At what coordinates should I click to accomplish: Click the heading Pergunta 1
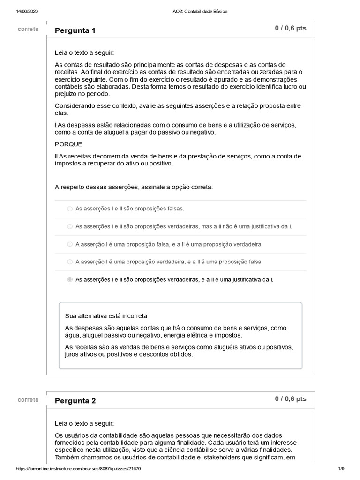75,31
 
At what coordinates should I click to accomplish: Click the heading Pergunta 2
75,401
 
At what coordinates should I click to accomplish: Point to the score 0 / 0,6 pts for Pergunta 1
291,28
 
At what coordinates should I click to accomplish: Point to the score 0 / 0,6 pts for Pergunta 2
291,399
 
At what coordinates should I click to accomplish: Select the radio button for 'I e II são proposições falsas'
70,209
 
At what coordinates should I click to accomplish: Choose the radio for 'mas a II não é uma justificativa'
70,227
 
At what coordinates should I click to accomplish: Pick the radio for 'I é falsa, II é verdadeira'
70,244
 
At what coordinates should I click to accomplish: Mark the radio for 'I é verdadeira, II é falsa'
70,262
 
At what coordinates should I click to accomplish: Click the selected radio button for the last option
70,280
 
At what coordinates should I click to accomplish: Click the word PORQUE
68,144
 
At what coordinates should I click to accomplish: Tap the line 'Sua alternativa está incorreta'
106,316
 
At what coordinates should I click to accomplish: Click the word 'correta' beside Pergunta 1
28,29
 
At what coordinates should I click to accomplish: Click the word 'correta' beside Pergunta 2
28,400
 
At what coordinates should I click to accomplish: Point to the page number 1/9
341,469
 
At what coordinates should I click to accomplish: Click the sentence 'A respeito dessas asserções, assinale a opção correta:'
134,187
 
